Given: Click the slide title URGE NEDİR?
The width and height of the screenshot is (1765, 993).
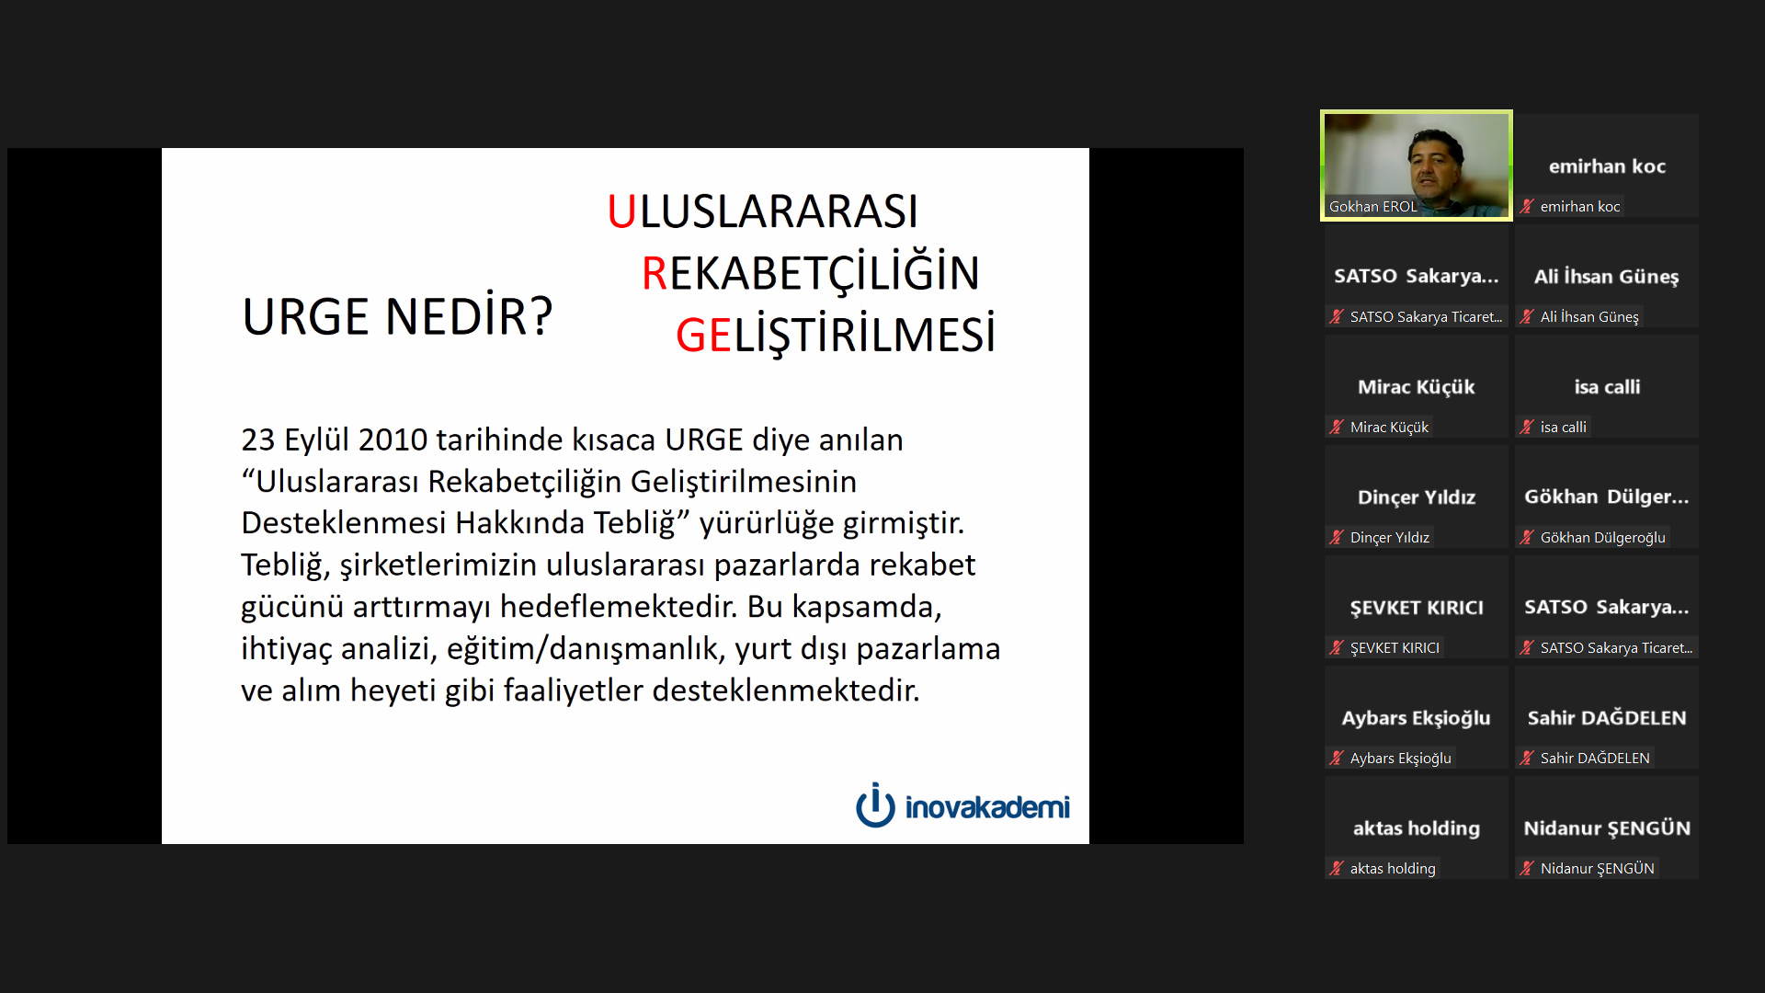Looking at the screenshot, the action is click(397, 315).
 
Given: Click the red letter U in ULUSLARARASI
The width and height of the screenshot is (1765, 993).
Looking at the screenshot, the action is click(621, 211).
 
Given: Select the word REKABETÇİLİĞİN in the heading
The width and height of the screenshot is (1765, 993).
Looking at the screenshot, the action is click(811, 273).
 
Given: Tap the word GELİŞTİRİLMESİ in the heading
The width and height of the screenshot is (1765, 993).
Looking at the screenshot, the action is click(836, 334).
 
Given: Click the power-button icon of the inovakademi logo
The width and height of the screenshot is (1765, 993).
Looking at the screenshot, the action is click(875, 805).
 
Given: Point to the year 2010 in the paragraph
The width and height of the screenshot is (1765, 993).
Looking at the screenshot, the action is click(393, 439).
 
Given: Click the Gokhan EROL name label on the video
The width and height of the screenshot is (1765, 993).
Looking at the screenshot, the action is click(1372, 207).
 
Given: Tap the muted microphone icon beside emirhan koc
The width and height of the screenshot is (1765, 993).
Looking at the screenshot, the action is click(1527, 206).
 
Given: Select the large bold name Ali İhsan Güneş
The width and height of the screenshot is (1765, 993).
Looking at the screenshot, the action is click(1606, 276).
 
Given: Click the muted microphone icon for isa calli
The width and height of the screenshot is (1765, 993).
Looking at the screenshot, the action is click(1527, 427).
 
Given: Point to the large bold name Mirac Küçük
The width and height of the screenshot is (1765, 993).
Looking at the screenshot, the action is click(1416, 386).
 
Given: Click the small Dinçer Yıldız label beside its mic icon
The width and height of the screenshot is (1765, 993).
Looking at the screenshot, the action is click(1390, 537).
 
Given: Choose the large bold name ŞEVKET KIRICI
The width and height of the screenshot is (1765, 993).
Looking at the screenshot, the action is click(1416, 607).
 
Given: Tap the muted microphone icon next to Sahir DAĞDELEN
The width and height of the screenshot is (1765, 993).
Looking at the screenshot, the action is click(1527, 758).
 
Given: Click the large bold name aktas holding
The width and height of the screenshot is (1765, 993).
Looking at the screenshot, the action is click(1416, 828).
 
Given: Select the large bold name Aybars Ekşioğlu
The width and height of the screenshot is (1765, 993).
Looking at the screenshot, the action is click(1416, 718).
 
